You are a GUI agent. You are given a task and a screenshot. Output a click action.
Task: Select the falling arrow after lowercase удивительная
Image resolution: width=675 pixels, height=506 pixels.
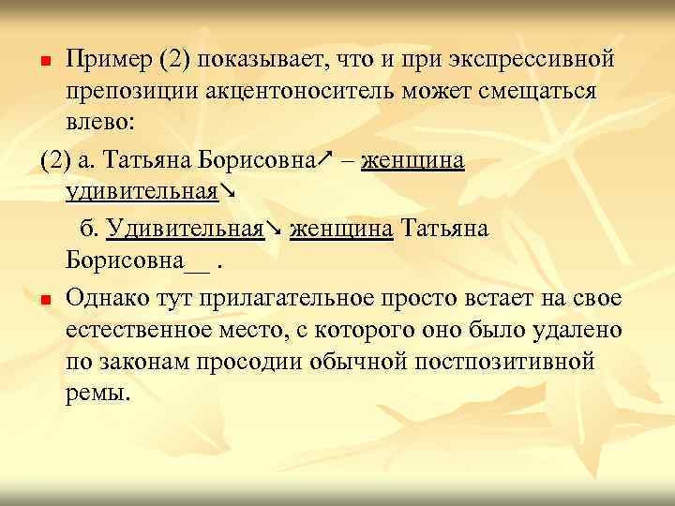(x=227, y=192)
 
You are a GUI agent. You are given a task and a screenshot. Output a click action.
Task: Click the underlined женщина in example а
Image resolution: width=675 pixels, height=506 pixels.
(x=412, y=159)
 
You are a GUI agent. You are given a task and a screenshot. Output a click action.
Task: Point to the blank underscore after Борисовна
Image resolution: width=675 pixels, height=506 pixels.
(x=198, y=260)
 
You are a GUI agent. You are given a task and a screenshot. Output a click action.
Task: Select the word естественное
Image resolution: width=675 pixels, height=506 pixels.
(x=143, y=330)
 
